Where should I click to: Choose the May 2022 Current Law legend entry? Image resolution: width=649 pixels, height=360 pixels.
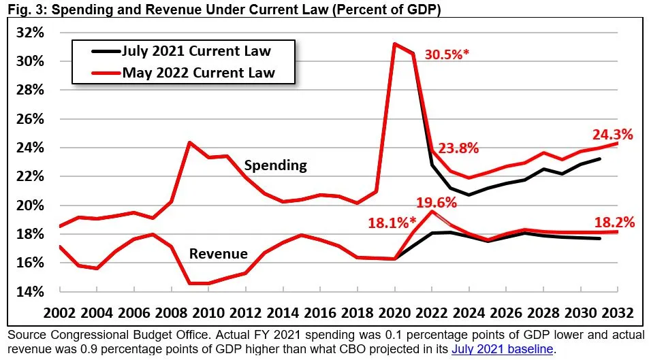(198, 72)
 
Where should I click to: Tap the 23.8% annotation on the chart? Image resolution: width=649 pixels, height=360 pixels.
(458, 148)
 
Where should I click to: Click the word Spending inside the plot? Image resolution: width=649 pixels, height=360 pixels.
(275, 165)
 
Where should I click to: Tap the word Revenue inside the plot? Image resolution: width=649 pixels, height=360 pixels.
(218, 254)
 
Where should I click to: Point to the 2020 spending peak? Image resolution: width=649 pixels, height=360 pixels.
(394, 44)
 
